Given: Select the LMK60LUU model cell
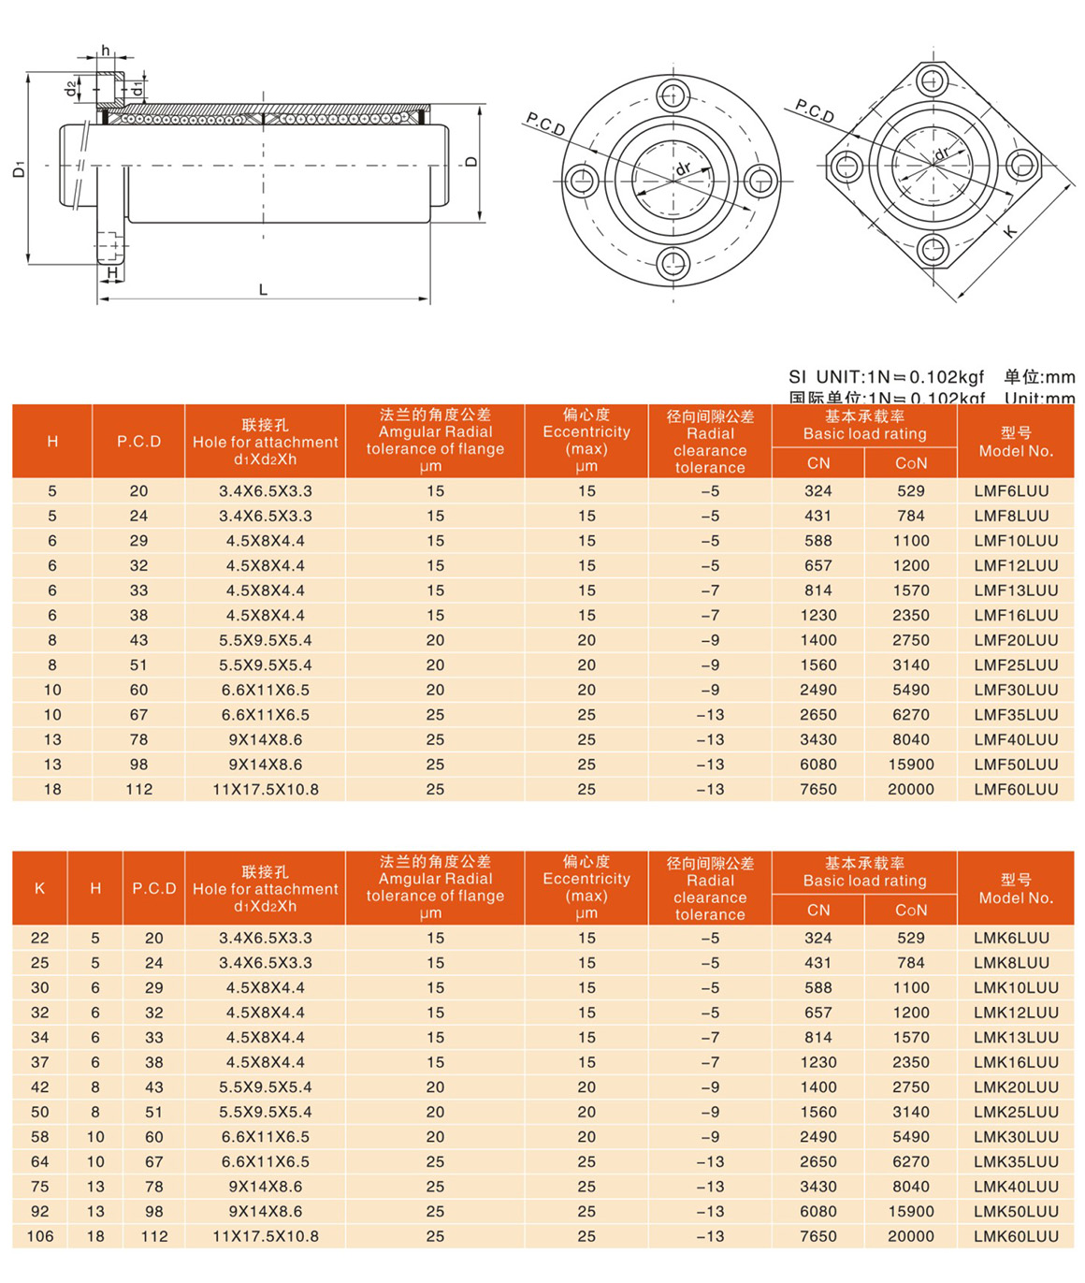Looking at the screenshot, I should [x=1016, y=1236].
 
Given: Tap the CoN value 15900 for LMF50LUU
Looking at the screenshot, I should [x=910, y=765].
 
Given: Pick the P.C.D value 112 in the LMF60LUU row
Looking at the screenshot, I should [x=138, y=790].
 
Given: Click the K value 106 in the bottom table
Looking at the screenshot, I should [x=39, y=1236].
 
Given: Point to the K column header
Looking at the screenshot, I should [x=39, y=888].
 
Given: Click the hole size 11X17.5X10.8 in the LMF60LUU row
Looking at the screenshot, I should [x=266, y=790].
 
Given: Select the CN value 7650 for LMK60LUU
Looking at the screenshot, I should [x=817, y=1236].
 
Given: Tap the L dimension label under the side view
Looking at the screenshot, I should [x=263, y=290].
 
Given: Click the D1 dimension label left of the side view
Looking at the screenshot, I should [x=19, y=169].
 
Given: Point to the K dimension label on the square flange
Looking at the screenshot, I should [x=1009, y=231].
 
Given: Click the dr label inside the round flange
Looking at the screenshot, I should [x=684, y=168].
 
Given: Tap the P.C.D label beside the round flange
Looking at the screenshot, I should [x=545, y=124].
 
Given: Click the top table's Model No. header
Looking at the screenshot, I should [x=1016, y=442].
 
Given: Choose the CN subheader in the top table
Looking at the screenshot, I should [x=817, y=463].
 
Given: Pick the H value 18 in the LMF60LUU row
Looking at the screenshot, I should [x=52, y=790].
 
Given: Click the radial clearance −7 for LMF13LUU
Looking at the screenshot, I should [x=710, y=590].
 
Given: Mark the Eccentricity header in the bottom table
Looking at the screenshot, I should [x=586, y=887].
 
